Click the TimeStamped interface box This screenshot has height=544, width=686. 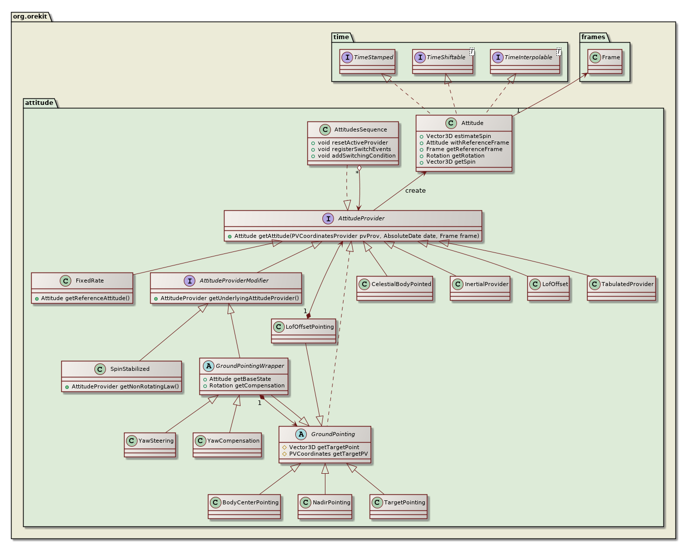tap(367, 61)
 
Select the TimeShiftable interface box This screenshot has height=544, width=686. tap(442, 61)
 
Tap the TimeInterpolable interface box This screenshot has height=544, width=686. tap(525, 61)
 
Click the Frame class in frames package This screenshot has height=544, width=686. tap(605, 61)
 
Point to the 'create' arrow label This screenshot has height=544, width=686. tap(415, 191)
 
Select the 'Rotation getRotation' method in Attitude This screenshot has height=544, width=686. tap(455, 156)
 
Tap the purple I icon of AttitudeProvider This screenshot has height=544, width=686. tap(328, 218)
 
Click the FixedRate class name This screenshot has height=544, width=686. tap(89, 281)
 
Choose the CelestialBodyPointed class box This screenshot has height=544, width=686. tap(395, 288)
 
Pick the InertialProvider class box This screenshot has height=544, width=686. tap(480, 288)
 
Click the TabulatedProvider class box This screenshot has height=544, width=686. tap(621, 288)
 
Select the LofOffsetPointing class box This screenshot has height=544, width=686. tap(303, 330)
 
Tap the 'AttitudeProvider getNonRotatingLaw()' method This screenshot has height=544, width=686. tap(125, 386)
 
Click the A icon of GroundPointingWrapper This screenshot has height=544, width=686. tap(208, 366)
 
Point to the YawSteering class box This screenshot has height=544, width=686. tap(150, 444)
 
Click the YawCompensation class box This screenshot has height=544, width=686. tap(227, 444)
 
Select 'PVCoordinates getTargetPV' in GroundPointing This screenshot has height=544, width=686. tap(328, 454)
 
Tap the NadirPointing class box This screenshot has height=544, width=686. tap(325, 506)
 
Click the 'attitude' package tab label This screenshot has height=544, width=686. tap(39, 102)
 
